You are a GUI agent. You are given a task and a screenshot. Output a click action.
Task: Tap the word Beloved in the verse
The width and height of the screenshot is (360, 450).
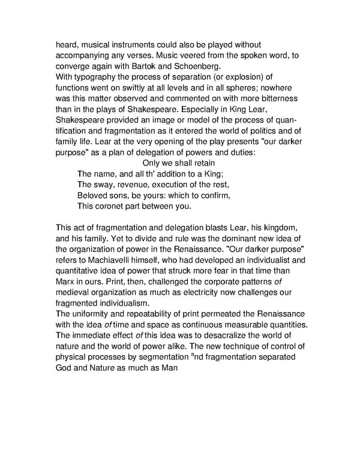[95, 196]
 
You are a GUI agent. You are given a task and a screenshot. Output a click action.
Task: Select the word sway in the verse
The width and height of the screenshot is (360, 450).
[106, 185]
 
